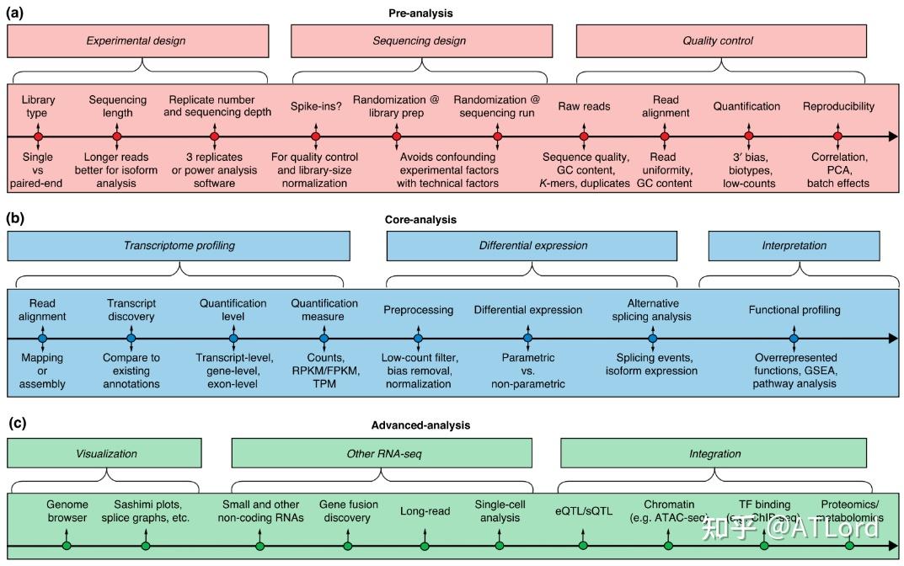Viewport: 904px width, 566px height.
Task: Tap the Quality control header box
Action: [719, 40]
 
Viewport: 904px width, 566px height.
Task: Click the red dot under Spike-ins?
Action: [316, 136]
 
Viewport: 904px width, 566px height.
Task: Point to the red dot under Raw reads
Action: [584, 136]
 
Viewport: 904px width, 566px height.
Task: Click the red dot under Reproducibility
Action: [837, 136]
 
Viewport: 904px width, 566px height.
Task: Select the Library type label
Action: [38, 106]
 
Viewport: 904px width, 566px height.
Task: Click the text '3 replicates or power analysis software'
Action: [214, 169]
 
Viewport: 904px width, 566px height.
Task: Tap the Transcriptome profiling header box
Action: [179, 246]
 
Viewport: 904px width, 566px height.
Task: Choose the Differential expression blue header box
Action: [532, 246]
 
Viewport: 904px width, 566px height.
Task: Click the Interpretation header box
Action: [795, 246]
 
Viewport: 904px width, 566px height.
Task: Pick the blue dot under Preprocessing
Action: [418, 339]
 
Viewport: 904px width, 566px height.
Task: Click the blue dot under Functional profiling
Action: [794, 339]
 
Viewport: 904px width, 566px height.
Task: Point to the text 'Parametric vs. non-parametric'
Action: [528, 371]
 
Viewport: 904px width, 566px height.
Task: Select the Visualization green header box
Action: [107, 453]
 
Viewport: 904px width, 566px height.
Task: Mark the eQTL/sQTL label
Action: [584, 510]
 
